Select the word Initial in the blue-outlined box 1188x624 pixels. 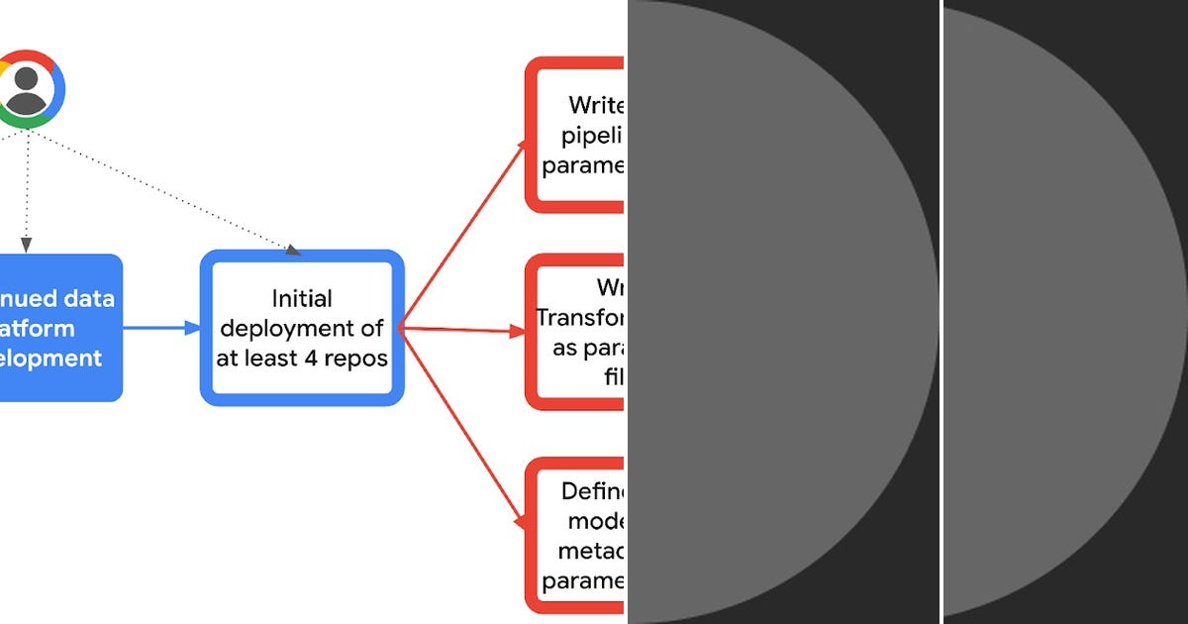302,298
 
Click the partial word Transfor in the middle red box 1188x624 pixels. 580,317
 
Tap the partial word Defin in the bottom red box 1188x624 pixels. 592,491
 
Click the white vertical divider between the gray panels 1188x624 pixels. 940,312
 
